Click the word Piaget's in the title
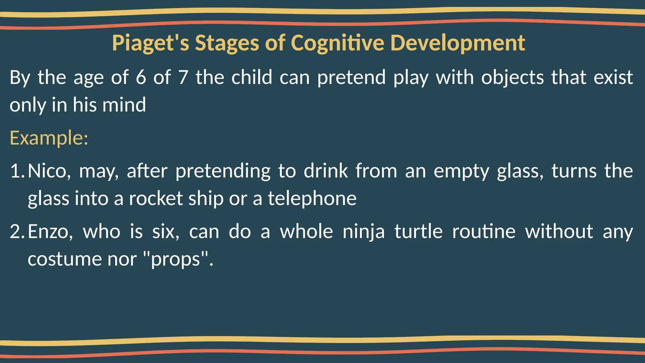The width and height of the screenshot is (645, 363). point(151,43)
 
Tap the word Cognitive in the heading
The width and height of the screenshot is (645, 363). point(337,43)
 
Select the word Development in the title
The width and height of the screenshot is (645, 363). point(458,43)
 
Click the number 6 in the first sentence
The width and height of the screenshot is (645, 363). point(141,78)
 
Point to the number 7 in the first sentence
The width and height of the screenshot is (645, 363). point(183,78)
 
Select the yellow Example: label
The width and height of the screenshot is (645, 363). point(49,138)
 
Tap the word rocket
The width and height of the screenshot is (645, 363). point(156,199)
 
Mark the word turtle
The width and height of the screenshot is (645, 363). point(419,232)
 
